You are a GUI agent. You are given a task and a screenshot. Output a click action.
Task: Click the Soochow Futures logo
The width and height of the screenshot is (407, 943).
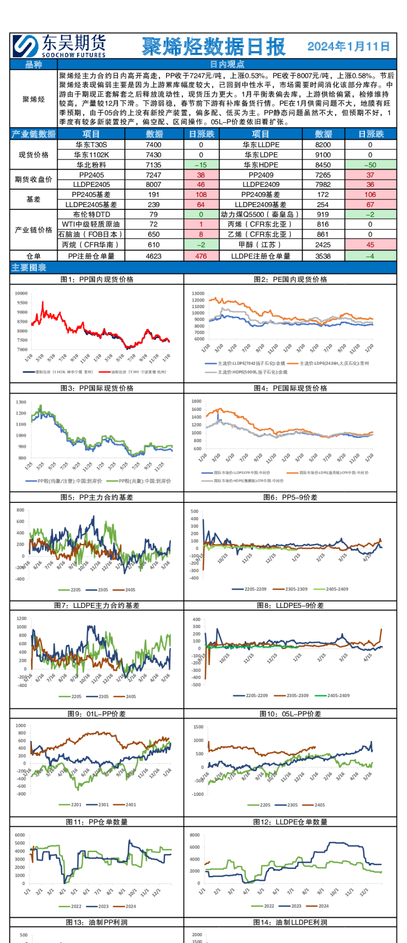59,45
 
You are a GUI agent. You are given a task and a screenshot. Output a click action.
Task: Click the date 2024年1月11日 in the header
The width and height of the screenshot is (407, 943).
348,46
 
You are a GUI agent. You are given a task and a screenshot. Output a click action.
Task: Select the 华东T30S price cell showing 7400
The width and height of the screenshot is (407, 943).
153,145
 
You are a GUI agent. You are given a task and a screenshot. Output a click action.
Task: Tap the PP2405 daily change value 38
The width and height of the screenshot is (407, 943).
201,175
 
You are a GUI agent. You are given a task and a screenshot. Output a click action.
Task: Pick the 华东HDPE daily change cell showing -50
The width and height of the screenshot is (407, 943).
370,165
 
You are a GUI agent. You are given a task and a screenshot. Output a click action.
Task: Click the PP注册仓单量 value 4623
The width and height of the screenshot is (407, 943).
153,256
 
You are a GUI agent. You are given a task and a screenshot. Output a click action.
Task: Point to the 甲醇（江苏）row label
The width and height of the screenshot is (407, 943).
260,245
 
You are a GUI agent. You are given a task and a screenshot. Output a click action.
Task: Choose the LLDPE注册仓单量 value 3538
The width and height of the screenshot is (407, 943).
323,256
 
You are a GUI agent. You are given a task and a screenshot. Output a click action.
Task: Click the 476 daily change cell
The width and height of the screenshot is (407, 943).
201,256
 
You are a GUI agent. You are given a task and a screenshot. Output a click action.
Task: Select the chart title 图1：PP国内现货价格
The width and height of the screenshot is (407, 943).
97,279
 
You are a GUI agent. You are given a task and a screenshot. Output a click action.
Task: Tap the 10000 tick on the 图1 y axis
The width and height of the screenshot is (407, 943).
21,293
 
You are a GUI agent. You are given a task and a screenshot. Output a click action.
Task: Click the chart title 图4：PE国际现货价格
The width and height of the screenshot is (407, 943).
290,388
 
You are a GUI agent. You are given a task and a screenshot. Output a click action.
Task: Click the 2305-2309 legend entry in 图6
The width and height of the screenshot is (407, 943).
296,589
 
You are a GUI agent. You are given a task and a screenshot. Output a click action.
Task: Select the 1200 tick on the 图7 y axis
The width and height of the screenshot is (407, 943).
21,619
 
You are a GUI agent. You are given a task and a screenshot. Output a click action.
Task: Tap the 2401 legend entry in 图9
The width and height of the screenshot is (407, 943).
130,805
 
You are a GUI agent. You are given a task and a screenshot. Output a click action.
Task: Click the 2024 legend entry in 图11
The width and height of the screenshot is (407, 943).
130,906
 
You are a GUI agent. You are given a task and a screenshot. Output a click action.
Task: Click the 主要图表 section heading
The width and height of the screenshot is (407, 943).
29,268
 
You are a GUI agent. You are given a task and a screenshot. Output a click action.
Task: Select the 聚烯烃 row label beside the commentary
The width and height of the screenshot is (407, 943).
34,99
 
